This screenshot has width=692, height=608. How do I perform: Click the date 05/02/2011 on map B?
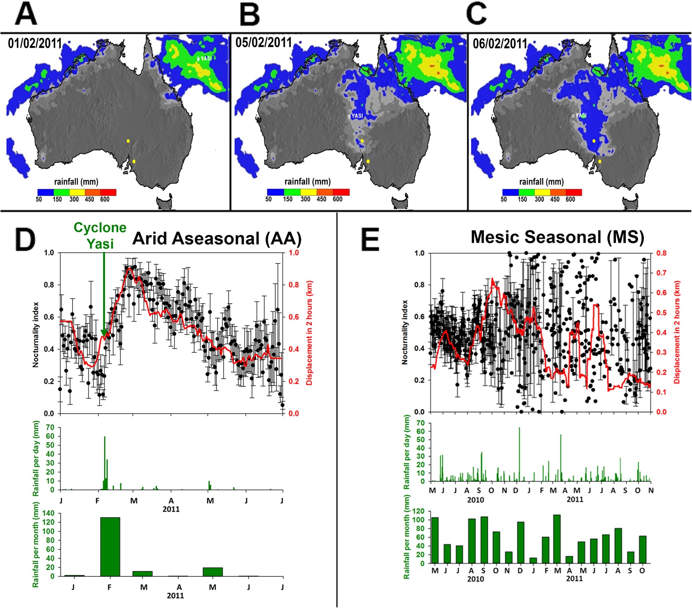click(x=263, y=42)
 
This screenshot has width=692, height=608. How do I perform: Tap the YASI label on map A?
click(x=206, y=58)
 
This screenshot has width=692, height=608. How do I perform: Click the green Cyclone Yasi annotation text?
click(x=100, y=235)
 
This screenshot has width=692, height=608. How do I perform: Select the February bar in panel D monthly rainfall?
click(x=110, y=546)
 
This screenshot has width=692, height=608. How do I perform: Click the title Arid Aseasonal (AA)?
click(x=217, y=238)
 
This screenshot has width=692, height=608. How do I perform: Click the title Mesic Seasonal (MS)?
click(x=557, y=237)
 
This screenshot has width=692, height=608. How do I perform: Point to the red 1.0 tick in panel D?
click(x=294, y=253)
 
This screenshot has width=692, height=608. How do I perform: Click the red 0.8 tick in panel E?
click(x=661, y=253)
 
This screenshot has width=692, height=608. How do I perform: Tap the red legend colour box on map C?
click(x=574, y=192)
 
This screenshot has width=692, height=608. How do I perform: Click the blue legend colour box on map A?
click(x=45, y=192)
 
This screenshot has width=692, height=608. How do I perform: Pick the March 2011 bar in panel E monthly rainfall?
click(x=557, y=539)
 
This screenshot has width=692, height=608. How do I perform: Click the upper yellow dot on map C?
click(x=594, y=141)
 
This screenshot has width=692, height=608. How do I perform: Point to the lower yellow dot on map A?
click(x=134, y=161)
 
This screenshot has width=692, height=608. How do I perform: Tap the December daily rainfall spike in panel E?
click(x=519, y=454)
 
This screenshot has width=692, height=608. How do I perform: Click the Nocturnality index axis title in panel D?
click(x=36, y=334)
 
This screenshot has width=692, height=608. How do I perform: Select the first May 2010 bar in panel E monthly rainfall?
click(x=435, y=540)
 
